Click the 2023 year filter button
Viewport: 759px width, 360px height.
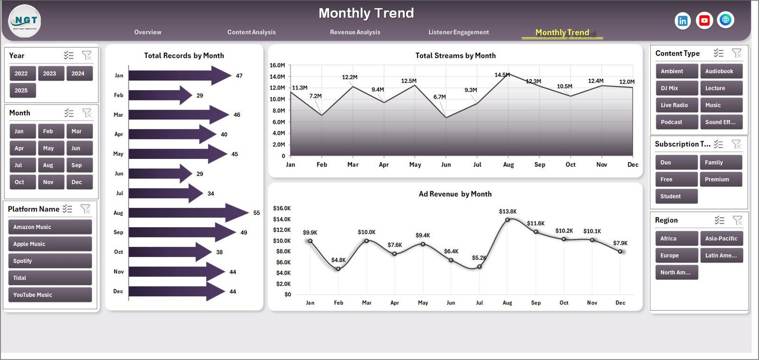click(x=50, y=74)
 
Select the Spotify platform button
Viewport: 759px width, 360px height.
click(x=50, y=261)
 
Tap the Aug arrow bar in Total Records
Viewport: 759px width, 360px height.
click(x=187, y=213)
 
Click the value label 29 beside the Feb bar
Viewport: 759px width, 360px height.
click(x=200, y=95)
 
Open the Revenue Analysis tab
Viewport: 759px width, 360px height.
click(x=355, y=32)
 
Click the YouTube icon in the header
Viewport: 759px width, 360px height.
click(x=704, y=20)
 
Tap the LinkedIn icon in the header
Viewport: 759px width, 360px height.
click(x=682, y=21)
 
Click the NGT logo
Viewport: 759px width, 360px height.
click(x=25, y=21)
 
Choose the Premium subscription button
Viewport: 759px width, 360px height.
click(x=720, y=179)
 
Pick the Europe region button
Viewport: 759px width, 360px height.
click(x=676, y=255)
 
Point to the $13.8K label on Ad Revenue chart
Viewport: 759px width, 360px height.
click(x=508, y=212)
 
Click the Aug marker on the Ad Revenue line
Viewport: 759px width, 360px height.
click(x=507, y=220)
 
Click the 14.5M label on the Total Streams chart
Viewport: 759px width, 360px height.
click(x=502, y=75)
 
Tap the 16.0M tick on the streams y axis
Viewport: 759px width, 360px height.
click(x=277, y=65)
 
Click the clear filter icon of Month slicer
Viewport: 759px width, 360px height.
click(x=87, y=113)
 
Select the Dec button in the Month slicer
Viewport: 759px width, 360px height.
click(x=79, y=182)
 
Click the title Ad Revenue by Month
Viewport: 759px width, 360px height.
click(x=455, y=194)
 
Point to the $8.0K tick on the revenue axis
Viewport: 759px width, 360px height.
click(x=283, y=251)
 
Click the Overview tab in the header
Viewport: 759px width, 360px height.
click(x=148, y=32)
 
